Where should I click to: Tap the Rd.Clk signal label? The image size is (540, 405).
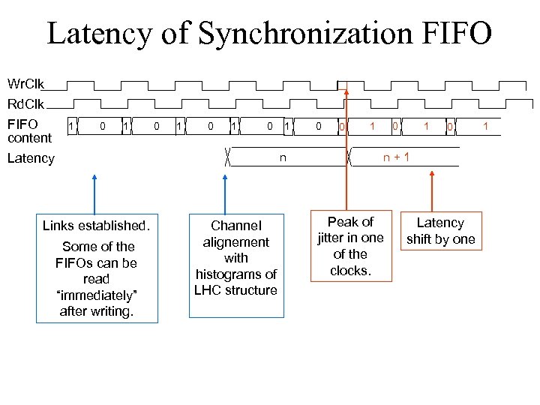[x=25, y=103]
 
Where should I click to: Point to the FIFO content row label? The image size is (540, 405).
[x=29, y=130]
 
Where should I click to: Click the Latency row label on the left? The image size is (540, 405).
[x=31, y=158]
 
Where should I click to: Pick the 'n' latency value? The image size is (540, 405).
[x=283, y=158]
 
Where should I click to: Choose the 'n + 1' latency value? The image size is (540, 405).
[x=396, y=158]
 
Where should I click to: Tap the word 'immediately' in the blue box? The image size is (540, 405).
[x=97, y=295]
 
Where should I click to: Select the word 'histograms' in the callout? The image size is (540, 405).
[x=235, y=274]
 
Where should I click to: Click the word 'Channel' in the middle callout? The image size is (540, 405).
[x=235, y=225]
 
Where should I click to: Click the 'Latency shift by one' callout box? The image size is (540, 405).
[x=440, y=231]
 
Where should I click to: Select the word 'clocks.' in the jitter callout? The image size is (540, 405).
[x=350, y=271]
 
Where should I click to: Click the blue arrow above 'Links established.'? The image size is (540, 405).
[x=94, y=195]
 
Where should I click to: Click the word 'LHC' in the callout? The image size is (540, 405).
[x=208, y=290]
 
